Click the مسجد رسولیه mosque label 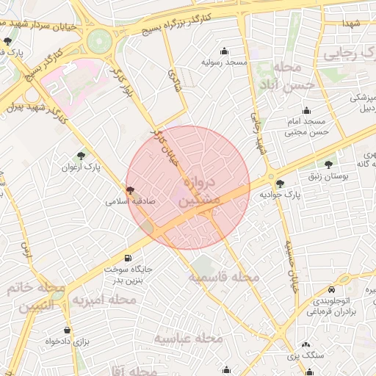(223, 62)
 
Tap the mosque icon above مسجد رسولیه (224, 51)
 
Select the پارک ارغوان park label (81, 167)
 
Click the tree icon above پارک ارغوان (81, 156)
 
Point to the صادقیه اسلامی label (130, 200)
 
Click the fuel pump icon (129, 257)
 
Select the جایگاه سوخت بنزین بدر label (126, 274)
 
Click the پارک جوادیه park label (281, 195)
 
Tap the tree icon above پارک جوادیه (280, 184)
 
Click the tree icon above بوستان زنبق (328, 165)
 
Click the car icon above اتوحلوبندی (332, 289)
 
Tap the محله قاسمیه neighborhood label (224, 278)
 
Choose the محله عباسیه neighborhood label (188, 338)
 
